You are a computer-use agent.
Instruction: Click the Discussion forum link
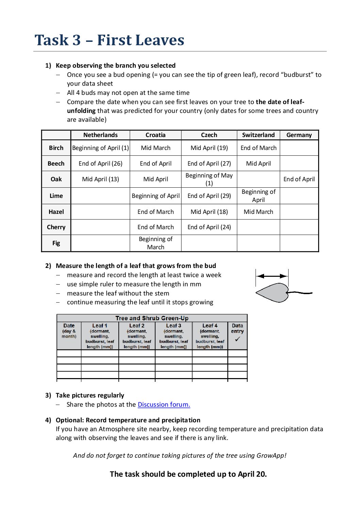(164, 404)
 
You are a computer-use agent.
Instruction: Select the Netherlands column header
(100, 135)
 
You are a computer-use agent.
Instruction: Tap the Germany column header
(299, 135)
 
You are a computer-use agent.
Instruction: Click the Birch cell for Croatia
(156, 148)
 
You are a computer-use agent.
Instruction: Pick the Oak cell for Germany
(299, 179)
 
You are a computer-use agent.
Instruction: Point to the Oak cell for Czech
(209, 179)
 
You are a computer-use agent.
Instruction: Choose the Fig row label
(56, 243)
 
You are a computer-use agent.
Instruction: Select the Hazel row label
(56, 212)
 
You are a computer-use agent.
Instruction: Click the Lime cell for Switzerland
(258, 196)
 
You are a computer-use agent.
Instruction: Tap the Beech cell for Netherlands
(100, 164)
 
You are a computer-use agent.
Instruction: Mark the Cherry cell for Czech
(209, 227)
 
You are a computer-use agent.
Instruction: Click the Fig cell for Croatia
(156, 243)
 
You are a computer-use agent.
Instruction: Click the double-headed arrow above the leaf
(272, 276)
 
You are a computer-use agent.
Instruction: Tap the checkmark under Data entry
(238, 339)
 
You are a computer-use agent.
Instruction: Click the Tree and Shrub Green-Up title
(152, 318)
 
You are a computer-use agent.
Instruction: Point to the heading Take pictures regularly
(90, 395)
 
